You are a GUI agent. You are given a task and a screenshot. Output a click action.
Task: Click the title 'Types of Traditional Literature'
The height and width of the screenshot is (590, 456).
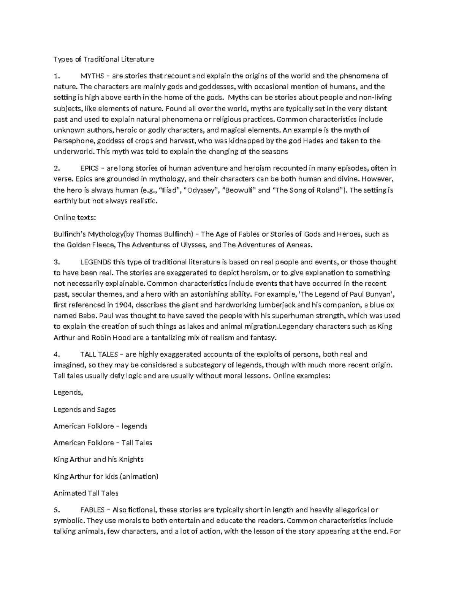[x=104, y=59]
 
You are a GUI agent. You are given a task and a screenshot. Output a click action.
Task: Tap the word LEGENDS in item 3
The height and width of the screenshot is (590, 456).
[x=96, y=262]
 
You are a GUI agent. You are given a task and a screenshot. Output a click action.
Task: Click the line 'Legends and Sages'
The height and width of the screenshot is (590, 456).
[x=84, y=410]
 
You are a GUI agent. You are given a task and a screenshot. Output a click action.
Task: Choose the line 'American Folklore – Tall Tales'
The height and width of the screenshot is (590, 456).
[x=103, y=443]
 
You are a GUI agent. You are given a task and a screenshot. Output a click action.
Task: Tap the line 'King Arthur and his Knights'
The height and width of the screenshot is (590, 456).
[x=98, y=460]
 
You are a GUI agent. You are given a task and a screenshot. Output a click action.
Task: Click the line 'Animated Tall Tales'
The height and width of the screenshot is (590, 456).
[x=86, y=493]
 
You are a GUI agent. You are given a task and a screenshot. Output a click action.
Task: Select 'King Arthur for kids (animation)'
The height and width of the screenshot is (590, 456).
[x=106, y=476]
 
